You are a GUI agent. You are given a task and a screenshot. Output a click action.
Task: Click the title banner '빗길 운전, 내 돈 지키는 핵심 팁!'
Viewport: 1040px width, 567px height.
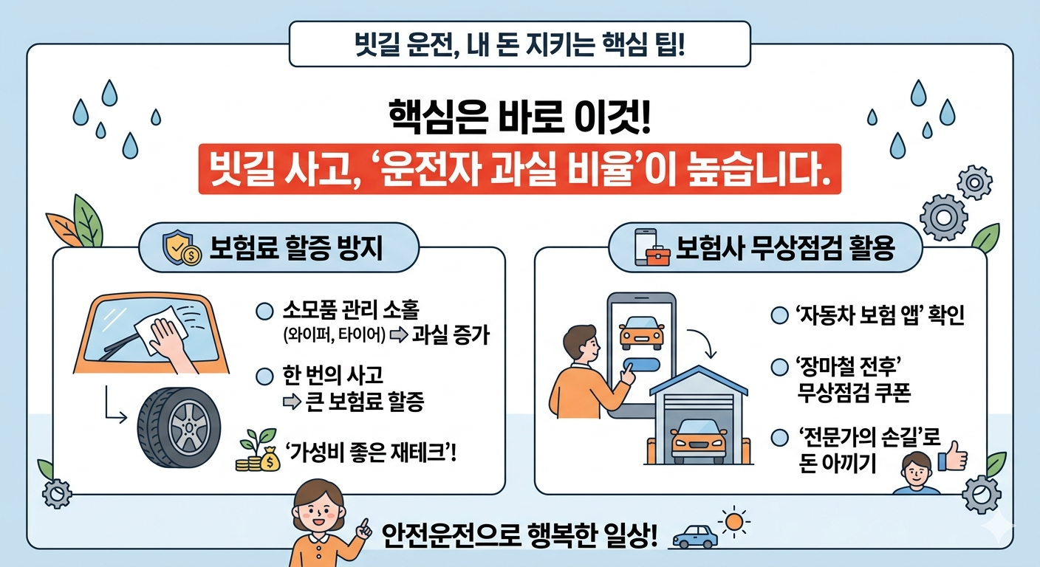519,44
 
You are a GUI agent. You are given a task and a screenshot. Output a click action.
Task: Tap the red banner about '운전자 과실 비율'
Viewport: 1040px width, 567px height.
519,169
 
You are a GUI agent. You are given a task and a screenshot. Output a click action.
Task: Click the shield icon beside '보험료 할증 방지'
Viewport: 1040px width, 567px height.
181,248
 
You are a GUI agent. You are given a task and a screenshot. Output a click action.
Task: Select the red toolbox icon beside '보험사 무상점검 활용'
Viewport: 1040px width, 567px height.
657,255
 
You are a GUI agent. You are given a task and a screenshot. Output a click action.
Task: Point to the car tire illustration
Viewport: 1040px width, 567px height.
179,427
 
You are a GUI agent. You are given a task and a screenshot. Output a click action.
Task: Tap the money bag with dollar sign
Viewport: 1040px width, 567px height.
270,459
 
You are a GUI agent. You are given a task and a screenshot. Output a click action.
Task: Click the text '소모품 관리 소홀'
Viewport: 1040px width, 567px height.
351,310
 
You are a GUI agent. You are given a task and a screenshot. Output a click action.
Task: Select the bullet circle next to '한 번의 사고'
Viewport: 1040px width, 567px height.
264,377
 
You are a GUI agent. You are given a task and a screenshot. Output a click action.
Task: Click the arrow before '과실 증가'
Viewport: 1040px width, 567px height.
399,334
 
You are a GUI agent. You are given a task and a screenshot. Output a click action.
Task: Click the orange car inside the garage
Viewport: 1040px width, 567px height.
698,441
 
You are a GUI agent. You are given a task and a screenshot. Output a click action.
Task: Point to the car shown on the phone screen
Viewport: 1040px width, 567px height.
641,333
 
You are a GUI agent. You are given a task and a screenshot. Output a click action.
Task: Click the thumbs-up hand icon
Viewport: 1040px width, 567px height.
953,456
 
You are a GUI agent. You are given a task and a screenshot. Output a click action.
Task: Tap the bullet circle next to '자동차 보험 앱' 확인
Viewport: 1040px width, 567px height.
779,315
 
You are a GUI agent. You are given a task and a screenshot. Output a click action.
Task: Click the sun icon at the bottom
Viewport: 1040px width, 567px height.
734,521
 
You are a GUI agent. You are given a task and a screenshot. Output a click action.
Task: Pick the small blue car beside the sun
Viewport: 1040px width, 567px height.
695,537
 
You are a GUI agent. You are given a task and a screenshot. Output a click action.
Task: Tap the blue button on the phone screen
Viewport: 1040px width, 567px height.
641,365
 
